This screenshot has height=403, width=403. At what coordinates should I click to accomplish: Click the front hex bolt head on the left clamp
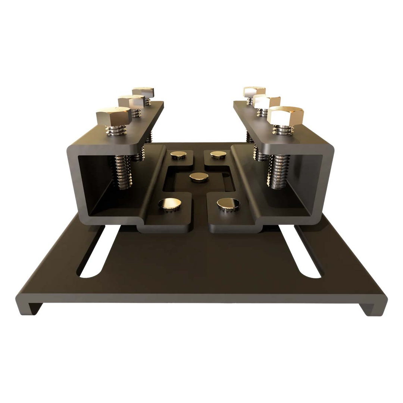point(113,116)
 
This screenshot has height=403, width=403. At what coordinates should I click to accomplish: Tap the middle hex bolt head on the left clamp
point(131,101)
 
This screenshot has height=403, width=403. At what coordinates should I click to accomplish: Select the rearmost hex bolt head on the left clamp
point(143,91)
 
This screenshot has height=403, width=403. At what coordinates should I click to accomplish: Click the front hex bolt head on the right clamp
point(285,115)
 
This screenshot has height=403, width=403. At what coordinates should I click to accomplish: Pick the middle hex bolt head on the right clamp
point(266,101)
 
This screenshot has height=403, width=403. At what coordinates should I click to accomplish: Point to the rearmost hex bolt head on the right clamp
point(254,91)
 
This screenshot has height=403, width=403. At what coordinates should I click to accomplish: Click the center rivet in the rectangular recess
point(199,177)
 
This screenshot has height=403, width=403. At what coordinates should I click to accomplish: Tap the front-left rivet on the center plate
point(170,203)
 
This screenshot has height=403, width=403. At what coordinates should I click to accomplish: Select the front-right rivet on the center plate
point(228,204)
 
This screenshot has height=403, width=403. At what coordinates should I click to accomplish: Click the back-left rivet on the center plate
point(178,154)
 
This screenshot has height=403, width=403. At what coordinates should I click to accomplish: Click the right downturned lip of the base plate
point(373,307)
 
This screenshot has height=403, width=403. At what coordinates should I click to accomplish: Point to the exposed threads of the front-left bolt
point(122,172)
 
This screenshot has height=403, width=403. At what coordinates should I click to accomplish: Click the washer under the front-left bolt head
point(116,131)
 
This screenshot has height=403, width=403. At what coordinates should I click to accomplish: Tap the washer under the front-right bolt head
point(283,129)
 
